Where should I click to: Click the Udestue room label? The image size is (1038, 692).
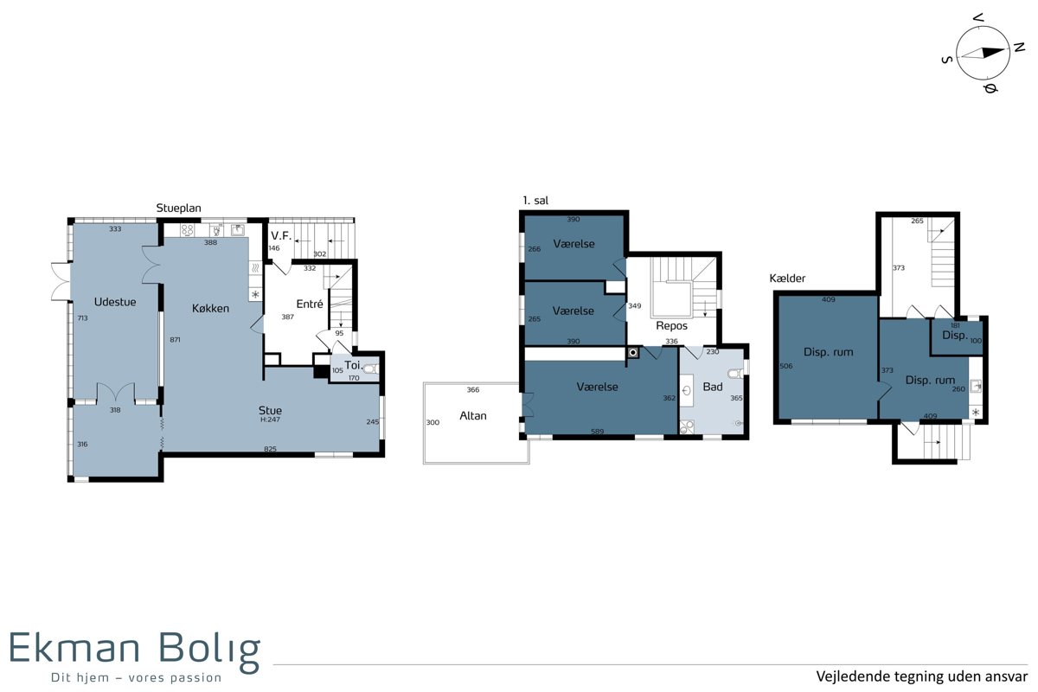coord(115,302)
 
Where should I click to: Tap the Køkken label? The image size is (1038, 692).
coord(210,308)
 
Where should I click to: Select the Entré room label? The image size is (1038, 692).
coord(310,304)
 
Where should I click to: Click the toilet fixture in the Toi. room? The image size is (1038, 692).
coord(371,369)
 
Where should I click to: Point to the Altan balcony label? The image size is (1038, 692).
coord(472,416)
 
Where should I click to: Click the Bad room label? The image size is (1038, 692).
coord(712,387)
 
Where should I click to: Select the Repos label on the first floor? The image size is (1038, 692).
coord(671,326)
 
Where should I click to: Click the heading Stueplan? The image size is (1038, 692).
coord(178,208)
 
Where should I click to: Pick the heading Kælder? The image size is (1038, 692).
coord(787,279)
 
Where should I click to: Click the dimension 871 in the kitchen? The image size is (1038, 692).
coord(175,340)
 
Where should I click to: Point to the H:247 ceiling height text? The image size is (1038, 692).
coord(270,420)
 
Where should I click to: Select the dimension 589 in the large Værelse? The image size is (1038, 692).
coord(598,432)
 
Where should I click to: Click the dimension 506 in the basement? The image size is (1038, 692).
coord(786,366)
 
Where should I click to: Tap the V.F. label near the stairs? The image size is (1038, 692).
coord(281,236)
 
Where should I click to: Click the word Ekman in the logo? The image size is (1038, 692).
coord(74,647)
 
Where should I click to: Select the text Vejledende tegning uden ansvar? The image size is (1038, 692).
coord(922,676)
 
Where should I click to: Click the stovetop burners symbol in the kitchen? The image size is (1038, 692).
coord(187,230)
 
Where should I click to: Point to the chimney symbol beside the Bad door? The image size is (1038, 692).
coord(632,353)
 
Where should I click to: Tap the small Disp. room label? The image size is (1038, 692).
coord(955,335)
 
